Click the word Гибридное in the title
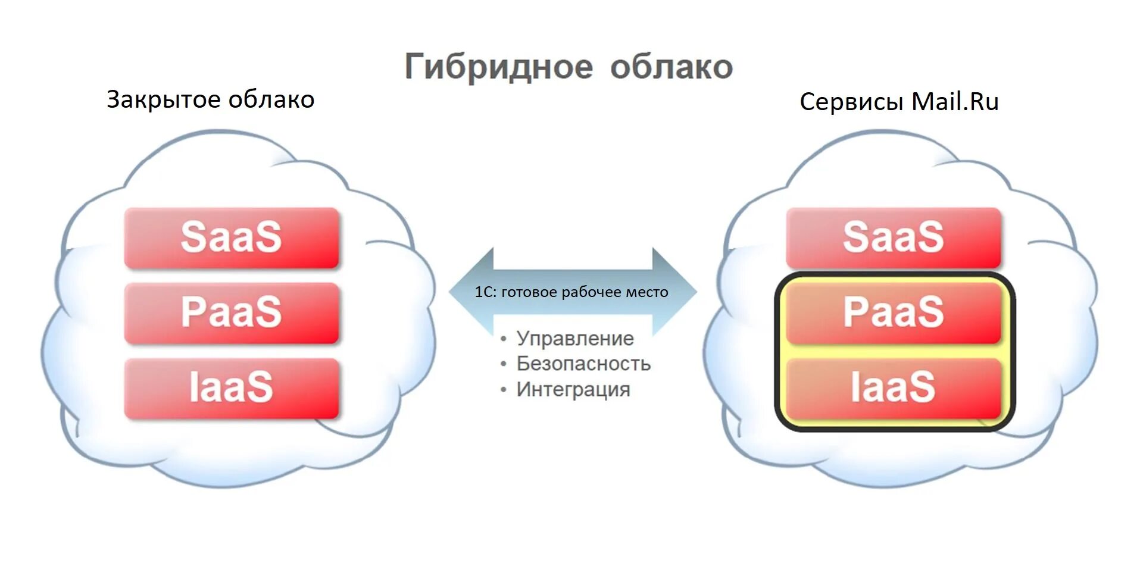coord(499,67)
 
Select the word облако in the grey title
coord(672,67)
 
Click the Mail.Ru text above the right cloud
coord(955,102)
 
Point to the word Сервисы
coord(851,102)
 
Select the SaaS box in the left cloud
coord(232,237)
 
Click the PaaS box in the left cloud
coord(232,313)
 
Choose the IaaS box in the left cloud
coord(232,388)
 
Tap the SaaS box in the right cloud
coord(893,237)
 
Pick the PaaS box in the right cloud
coord(893,313)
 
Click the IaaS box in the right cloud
coord(893,388)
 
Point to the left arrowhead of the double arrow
coord(470,292)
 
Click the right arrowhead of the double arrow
coord(676,292)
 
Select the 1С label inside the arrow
coord(485,292)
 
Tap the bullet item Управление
coord(574,339)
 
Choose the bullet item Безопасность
coord(583,364)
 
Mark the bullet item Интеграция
coord(573,390)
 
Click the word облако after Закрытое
coord(271,100)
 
